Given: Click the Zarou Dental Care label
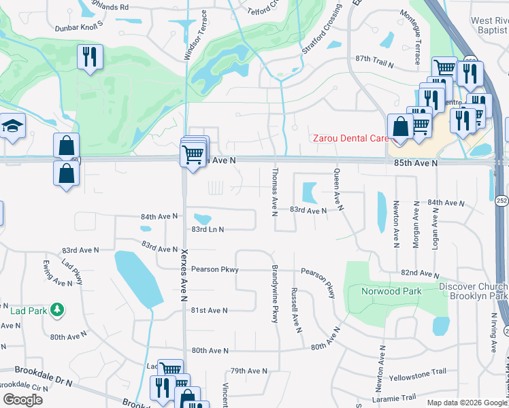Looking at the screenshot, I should [350, 138].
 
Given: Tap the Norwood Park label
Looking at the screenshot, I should [387, 292].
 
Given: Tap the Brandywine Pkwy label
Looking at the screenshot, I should [276, 294].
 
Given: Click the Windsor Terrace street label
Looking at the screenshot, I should [195, 35].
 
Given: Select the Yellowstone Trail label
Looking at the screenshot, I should [417, 372].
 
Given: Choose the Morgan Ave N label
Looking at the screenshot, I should [416, 225].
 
